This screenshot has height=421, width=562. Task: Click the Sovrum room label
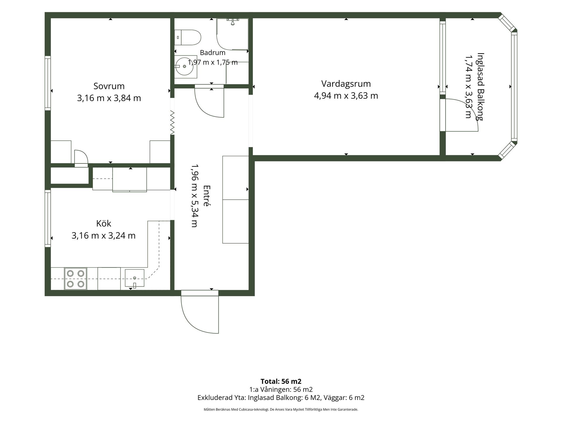pos(109,86)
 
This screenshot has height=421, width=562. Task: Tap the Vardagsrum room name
pos(346,84)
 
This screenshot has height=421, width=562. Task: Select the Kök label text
pos(104,223)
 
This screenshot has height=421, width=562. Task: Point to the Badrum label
pos(213,53)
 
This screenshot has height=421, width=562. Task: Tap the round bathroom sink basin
pos(184,66)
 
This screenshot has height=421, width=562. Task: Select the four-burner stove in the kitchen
pos(76,279)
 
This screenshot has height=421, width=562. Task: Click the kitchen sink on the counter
pos(135,278)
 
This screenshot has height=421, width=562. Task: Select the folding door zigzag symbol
pos(172,123)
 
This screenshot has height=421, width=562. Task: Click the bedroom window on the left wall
pos(48,83)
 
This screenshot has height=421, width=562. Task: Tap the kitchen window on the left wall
pos(48,218)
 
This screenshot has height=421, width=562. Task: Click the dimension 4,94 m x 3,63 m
pos(346,96)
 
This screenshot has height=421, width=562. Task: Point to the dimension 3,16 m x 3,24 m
pos(104,235)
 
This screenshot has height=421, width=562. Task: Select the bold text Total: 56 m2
pos(281,381)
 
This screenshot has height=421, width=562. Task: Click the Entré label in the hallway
pos(207,196)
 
